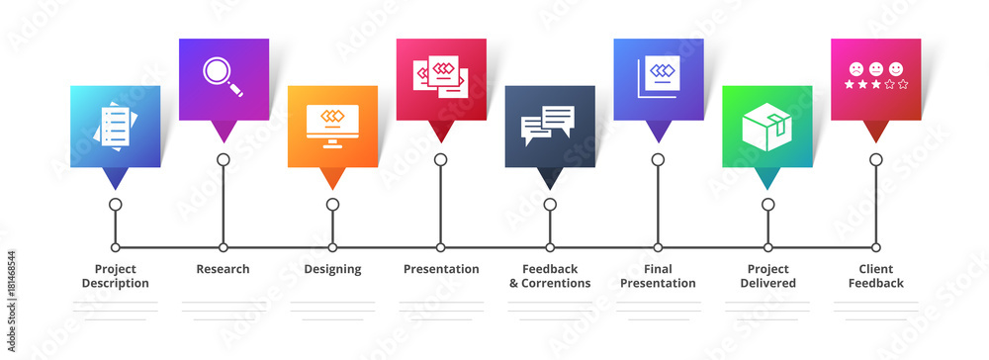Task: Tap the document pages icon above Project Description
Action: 114,125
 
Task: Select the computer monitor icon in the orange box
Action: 332,123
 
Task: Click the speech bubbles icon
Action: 548,125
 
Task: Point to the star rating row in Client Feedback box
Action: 875,85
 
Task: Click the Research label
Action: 223,269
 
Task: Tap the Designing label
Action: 332,269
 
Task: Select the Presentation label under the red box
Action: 441,269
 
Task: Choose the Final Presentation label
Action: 658,276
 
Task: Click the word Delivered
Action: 767,284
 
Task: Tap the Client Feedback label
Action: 875,276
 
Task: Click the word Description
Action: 115,284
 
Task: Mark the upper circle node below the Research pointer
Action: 224,159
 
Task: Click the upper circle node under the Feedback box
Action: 550,205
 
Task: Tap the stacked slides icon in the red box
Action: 440,75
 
